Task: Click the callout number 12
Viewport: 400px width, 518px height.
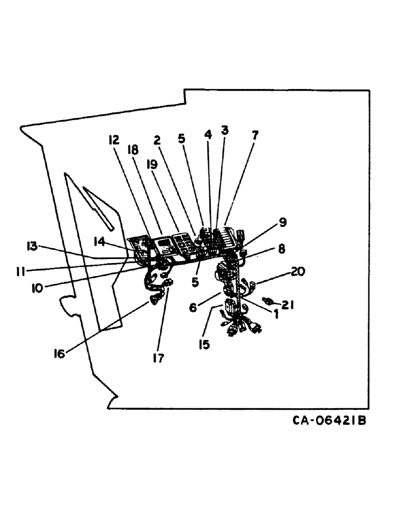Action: [114, 140]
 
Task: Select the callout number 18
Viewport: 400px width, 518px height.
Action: [133, 151]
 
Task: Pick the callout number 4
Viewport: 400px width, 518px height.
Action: [208, 134]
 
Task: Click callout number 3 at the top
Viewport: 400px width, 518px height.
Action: [224, 131]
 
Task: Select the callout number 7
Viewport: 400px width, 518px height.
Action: [254, 135]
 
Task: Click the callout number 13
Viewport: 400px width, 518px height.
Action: [33, 246]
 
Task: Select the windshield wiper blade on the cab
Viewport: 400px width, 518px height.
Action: [98, 208]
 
